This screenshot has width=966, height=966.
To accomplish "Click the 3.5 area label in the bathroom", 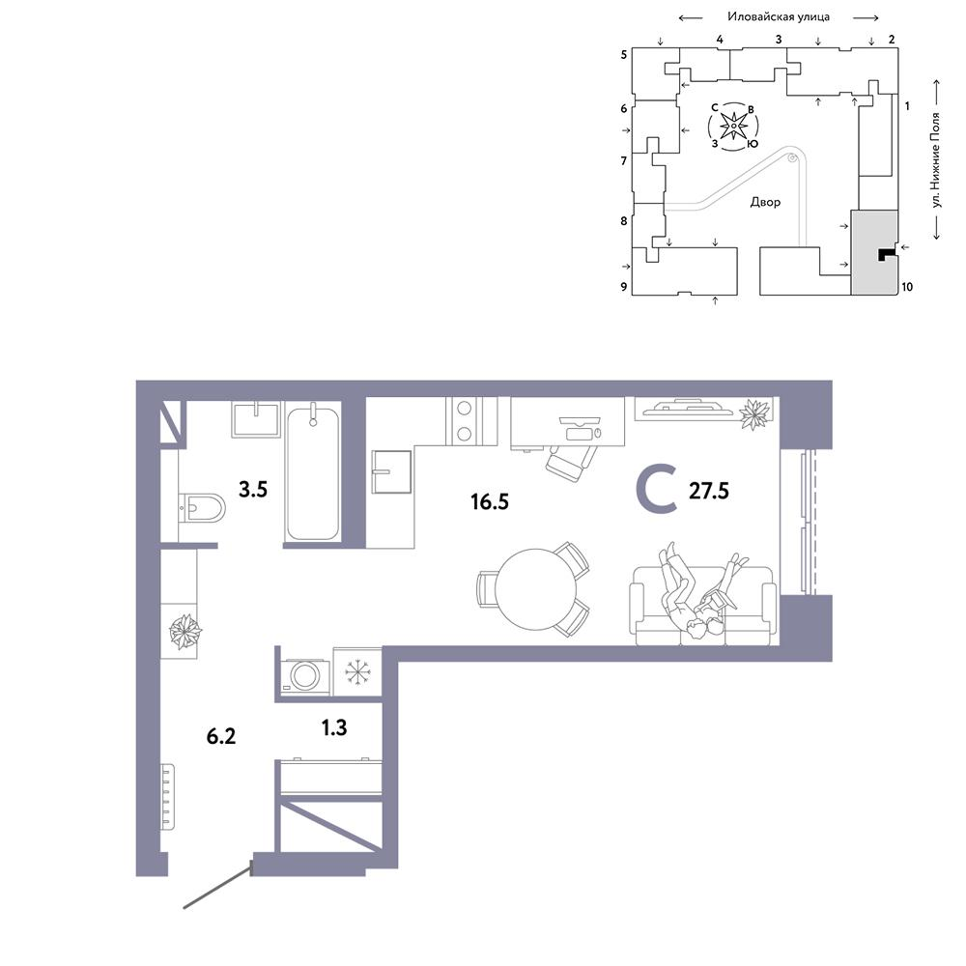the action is pyautogui.click(x=252, y=490).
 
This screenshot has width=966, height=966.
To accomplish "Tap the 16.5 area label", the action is pyautogui.click(x=490, y=501).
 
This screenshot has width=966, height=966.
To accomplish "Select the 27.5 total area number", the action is pyautogui.click(x=708, y=491).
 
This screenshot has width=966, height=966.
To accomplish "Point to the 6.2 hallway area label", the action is pyautogui.click(x=220, y=736).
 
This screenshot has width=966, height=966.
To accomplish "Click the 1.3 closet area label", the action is pyautogui.click(x=334, y=727).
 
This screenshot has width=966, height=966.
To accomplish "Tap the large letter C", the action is pyautogui.click(x=657, y=491).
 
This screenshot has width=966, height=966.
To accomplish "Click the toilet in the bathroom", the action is pyautogui.click(x=202, y=508).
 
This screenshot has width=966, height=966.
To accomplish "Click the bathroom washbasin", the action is pyautogui.click(x=256, y=419).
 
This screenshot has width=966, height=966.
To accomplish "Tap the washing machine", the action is pyautogui.click(x=304, y=676).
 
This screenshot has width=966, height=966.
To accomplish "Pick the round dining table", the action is pyautogui.click(x=536, y=589).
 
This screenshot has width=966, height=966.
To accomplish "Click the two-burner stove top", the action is pyautogui.click(x=465, y=421).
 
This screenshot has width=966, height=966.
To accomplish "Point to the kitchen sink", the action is pyautogui.click(x=391, y=472).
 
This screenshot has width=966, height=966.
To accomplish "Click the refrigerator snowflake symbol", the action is pyautogui.click(x=356, y=671).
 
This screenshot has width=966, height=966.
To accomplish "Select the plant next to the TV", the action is pyautogui.click(x=754, y=414).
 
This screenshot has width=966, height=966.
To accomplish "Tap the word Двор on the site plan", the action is pyautogui.click(x=765, y=202).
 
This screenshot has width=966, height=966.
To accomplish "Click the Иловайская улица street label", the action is pyautogui.click(x=778, y=17).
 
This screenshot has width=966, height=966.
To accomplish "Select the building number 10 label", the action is pyautogui.click(x=907, y=287).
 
